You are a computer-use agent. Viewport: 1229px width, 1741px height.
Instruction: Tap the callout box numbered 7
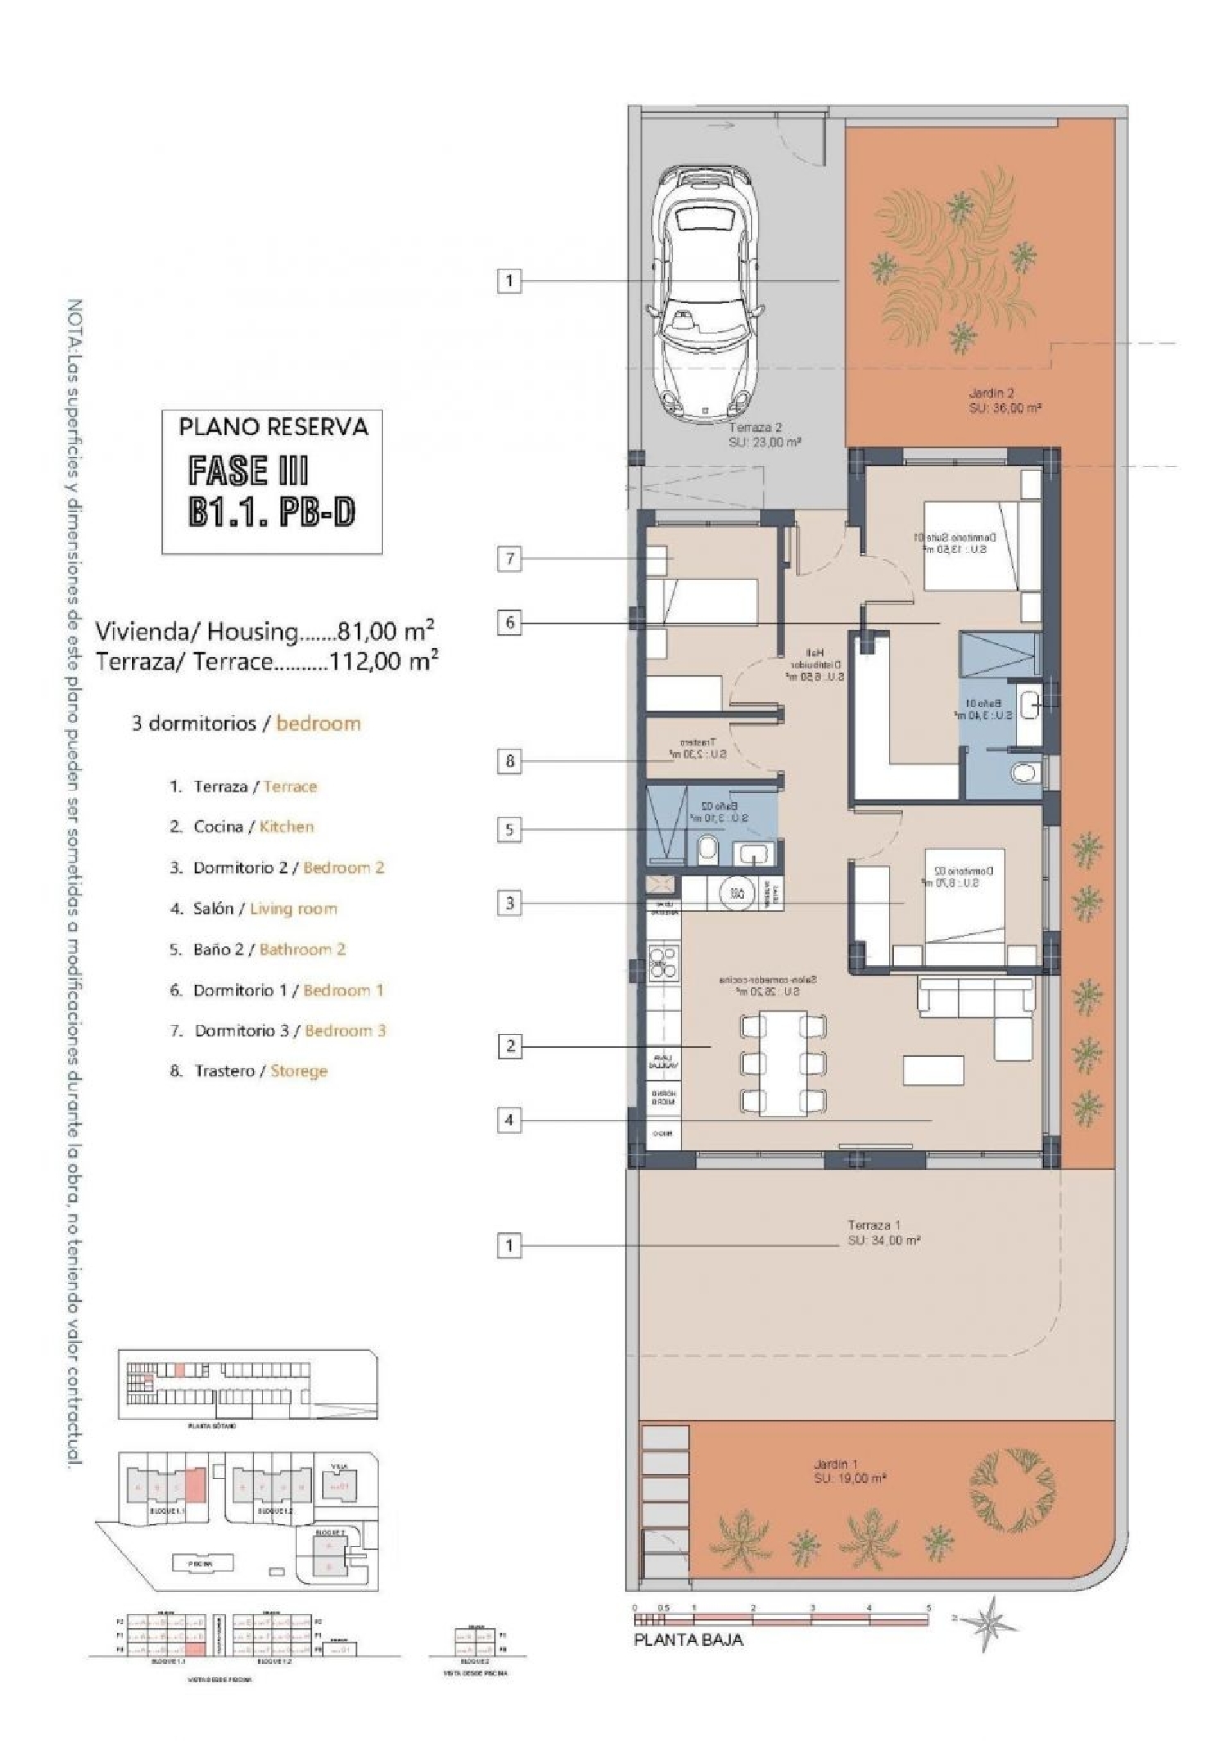click(510, 559)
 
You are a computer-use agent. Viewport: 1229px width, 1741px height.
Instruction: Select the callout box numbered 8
click(510, 761)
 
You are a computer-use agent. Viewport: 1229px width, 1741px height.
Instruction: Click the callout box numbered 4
click(510, 1119)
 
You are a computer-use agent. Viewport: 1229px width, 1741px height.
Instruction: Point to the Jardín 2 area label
click(1004, 401)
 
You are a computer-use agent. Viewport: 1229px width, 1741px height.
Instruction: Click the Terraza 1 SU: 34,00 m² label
click(883, 1232)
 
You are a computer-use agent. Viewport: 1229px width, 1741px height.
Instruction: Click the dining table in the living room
click(782, 1064)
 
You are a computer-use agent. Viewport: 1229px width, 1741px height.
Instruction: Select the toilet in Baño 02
click(708, 850)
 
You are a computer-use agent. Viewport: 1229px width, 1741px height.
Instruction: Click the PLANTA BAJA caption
click(688, 1639)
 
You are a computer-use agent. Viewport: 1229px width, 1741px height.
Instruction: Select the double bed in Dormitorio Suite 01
click(971, 546)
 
